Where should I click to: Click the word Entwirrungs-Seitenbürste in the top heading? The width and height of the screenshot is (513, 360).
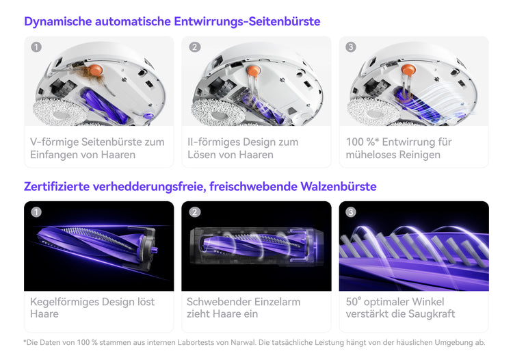[247, 22]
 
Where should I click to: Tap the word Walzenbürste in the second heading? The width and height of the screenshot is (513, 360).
[339, 187]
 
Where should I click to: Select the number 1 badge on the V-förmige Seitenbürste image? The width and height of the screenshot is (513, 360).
[36, 47]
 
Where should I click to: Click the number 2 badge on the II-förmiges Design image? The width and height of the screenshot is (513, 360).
[195, 47]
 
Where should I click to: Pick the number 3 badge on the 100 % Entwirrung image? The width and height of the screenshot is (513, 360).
[351, 47]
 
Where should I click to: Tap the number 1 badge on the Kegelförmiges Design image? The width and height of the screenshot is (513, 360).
[36, 212]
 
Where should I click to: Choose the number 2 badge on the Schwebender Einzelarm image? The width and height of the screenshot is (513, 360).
[195, 212]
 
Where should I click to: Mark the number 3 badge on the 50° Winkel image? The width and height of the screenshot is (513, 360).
[351, 212]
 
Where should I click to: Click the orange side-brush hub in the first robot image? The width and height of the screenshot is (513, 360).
[96, 70]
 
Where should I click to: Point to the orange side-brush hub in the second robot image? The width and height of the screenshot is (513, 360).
[253, 70]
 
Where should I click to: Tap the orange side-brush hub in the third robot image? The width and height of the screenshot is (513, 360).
[408, 70]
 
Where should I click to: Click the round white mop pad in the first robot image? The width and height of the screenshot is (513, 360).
[60, 112]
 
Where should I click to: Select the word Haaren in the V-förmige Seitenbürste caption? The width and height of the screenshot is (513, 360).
[118, 155]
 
